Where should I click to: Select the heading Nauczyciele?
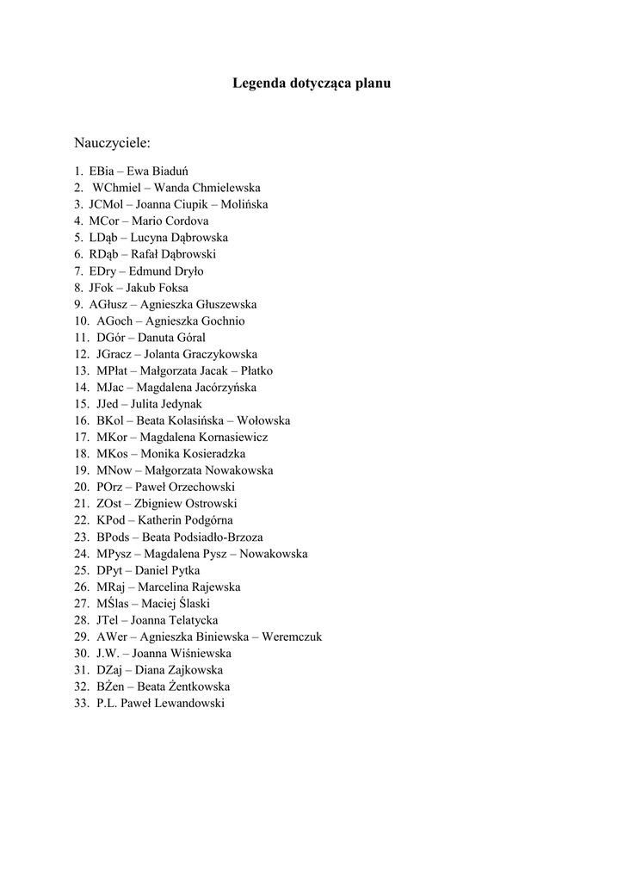click(x=112, y=140)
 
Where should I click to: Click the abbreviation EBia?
click(x=102, y=171)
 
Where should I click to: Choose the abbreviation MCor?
click(x=103, y=220)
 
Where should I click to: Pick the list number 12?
click(x=82, y=354)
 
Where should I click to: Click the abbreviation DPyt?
click(x=109, y=570)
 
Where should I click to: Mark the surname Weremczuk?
click(x=293, y=637)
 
